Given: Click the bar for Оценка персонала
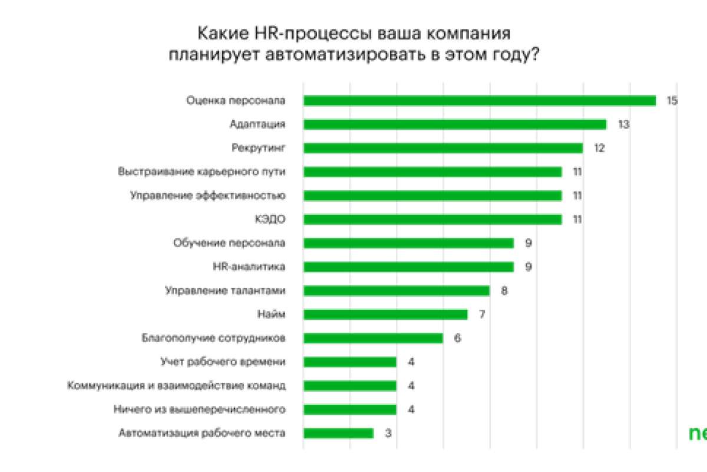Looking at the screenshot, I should click(x=480, y=101).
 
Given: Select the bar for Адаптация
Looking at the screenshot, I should click(x=455, y=124).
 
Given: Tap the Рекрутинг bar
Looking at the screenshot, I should click(x=443, y=148).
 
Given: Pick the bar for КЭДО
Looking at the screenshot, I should click(x=432, y=219).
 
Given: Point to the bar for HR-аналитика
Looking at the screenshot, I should click(x=408, y=267).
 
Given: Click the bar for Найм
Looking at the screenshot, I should click(x=385, y=314).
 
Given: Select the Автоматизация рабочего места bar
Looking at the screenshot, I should click(x=338, y=433).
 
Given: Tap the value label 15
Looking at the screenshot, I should click(x=672, y=101).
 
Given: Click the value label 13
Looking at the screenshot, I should click(x=624, y=124).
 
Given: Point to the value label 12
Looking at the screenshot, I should click(x=599, y=148).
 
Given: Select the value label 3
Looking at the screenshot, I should click(x=388, y=433).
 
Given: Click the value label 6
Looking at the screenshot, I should click(x=457, y=339).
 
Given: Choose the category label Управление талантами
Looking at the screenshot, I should click(x=226, y=290).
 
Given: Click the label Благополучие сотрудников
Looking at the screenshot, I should click(x=214, y=339).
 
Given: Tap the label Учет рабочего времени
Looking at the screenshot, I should click(x=223, y=362).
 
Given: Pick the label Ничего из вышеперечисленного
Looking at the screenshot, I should click(x=199, y=409).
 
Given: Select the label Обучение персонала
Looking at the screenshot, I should click(x=230, y=243).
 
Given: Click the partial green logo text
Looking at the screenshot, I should click(x=698, y=433).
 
